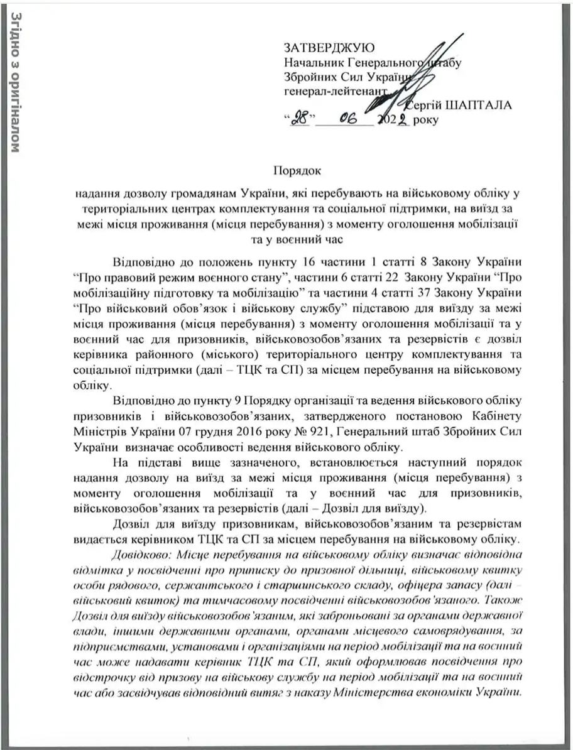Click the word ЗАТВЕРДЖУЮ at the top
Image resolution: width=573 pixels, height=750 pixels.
click(329, 48)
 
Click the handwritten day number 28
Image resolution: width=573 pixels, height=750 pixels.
click(300, 119)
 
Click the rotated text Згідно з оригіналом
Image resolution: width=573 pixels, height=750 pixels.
click(14, 82)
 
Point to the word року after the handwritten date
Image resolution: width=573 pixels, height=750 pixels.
click(426, 119)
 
